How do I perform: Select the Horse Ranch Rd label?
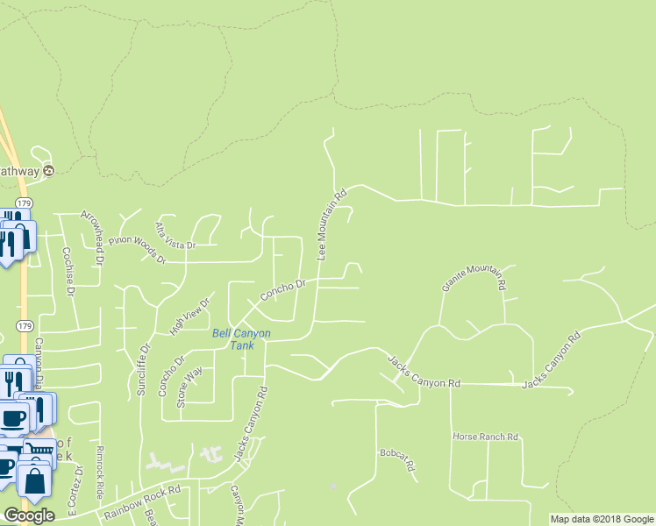pyautogui.click(x=486, y=436)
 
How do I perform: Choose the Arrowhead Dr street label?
pyautogui.click(x=92, y=237)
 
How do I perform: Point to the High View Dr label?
pyautogui.click(x=191, y=316)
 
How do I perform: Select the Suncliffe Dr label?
pyautogui.click(x=141, y=368)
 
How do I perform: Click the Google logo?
pyautogui.click(x=29, y=515)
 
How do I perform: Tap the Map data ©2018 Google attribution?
pyautogui.click(x=602, y=519)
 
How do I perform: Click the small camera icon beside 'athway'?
pyautogui.click(x=49, y=171)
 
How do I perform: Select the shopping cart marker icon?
pyautogui.click(x=38, y=452)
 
